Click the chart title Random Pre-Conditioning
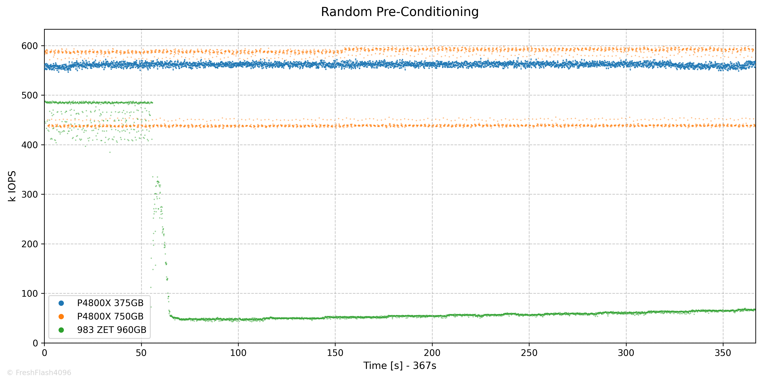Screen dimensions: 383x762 (400, 12)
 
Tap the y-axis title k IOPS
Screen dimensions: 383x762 (12, 186)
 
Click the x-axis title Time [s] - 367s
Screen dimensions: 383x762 (400, 366)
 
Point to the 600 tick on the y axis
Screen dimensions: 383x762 (30, 46)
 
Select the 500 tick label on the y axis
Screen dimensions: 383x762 (30, 95)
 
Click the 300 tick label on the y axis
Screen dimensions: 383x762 (30, 195)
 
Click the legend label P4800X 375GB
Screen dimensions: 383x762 (110, 303)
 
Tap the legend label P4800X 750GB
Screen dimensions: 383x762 (110, 316)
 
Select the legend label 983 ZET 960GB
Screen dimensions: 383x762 (112, 330)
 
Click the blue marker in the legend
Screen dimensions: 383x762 (61, 303)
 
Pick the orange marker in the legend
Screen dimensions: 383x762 (61, 316)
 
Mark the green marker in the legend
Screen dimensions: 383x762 (61, 330)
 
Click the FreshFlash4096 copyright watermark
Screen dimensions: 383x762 (39, 373)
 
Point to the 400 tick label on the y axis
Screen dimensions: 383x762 (30, 145)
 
